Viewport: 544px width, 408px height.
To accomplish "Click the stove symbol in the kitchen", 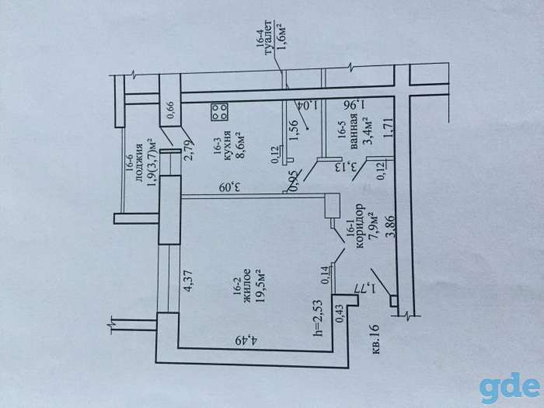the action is point(220,112).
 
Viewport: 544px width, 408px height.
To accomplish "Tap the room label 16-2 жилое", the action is point(243,284).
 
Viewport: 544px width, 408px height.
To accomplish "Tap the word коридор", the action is point(360,226).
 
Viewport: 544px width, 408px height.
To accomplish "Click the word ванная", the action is point(354,131).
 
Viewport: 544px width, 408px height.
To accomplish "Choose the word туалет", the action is point(268,37).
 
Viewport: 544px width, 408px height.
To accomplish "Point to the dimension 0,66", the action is point(171,110).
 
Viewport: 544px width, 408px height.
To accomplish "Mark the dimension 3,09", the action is point(230,188).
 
